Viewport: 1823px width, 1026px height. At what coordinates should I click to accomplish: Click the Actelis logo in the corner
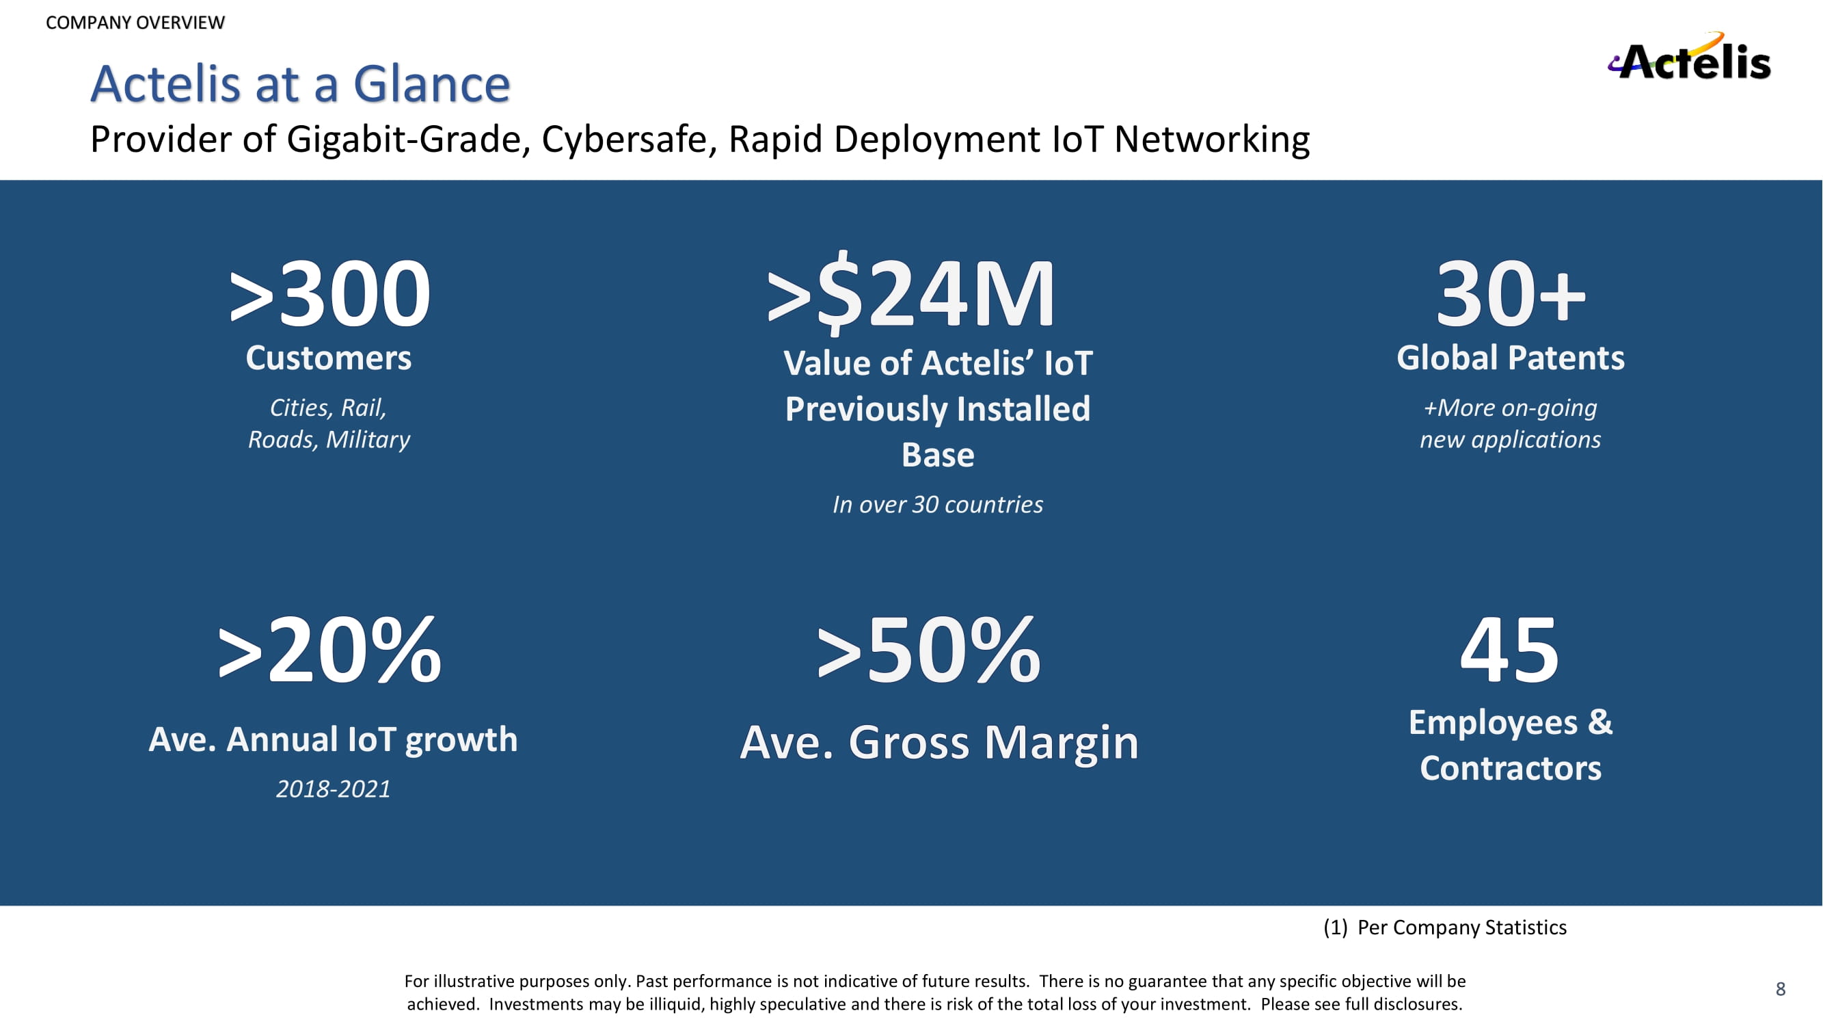(1690, 58)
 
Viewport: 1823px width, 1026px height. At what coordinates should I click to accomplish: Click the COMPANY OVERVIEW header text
(135, 23)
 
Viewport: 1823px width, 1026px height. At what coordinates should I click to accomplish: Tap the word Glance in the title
(431, 84)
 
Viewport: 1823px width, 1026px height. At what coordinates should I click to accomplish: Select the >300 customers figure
(329, 294)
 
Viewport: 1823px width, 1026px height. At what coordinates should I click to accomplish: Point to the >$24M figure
(912, 294)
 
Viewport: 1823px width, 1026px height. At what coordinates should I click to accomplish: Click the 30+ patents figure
(1510, 294)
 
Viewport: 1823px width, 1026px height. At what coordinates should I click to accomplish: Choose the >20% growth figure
(329, 650)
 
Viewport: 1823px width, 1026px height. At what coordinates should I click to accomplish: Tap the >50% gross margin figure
(928, 650)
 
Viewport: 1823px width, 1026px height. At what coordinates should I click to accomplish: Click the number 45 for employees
(1509, 650)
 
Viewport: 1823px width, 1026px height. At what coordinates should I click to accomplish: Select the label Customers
(328, 358)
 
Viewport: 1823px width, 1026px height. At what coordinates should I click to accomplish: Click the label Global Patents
(1510, 358)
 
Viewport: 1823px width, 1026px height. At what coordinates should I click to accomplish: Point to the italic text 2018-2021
(333, 789)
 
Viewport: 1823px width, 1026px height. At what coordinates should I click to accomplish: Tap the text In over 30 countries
(938, 505)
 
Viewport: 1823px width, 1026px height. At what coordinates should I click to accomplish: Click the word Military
(368, 440)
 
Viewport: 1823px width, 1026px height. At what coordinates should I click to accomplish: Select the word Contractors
(1510, 769)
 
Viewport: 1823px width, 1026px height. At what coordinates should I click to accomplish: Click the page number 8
(1781, 989)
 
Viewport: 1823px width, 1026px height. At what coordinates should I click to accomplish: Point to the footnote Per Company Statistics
(1461, 928)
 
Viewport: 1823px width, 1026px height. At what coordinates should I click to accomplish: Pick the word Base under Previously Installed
(938, 456)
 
